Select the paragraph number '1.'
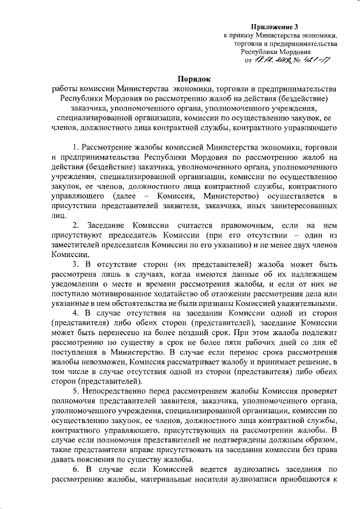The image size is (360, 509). pyautogui.click(x=76, y=147)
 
